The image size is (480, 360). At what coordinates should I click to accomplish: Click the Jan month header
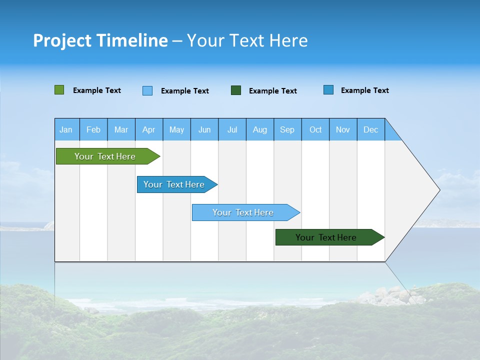click(66, 129)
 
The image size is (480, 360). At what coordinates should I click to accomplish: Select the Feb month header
click(93, 129)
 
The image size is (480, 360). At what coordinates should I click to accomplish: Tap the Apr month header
click(148, 129)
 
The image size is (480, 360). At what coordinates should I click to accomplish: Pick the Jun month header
click(204, 129)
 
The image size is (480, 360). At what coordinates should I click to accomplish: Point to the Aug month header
click(260, 129)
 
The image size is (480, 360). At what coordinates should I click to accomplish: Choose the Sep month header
click(287, 129)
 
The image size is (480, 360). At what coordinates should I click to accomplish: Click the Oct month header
click(315, 129)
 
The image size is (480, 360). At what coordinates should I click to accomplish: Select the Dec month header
click(371, 129)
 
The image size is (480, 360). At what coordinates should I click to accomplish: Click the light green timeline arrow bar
click(105, 156)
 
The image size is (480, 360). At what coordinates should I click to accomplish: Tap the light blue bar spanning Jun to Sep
click(243, 212)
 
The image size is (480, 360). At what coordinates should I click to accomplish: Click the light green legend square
click(59, 90)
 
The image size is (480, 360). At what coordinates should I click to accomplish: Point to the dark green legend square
click(236, 90)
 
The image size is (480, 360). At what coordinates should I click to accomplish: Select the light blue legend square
click(147, 90)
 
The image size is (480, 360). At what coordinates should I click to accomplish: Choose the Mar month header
click(121, 129)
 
